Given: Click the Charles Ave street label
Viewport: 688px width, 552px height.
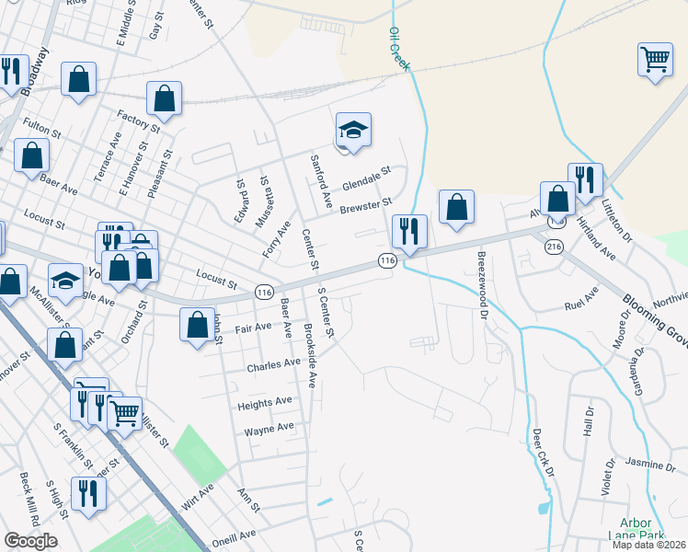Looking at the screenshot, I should click(273, 364).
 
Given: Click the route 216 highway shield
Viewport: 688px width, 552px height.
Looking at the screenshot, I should click(554, 247).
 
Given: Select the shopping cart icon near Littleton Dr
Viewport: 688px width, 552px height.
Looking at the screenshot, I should click(655, 60).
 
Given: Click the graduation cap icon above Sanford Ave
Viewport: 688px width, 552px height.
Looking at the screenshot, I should click(352, 130).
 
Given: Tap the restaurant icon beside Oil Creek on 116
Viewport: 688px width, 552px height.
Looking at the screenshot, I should click(408, 230).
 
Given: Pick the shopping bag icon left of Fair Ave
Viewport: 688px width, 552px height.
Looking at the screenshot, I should click(198, 324).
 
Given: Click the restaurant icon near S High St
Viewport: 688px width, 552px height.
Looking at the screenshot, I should click(88, 492).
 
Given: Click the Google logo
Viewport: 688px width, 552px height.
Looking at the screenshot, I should click(30, 541).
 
